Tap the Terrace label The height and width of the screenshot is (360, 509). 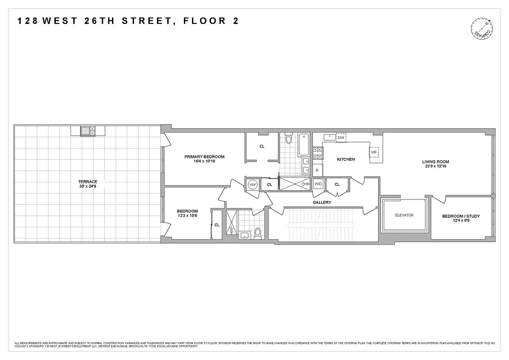[x=88, y=182]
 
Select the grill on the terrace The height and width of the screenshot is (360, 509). [x=85, y=131]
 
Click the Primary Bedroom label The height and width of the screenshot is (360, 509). [x=204, y=157]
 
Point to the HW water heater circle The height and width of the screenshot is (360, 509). [x=252, y=184]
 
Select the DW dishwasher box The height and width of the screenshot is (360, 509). [x=341, y=138]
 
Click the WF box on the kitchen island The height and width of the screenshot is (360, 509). [x=374, y=152]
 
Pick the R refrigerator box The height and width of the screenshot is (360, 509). [x=317, y=170]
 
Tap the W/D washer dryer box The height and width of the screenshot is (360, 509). [x=318, y=184]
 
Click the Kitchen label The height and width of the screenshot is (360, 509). [x=346, y=159]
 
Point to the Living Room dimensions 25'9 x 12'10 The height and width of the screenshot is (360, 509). [x=435, y=166]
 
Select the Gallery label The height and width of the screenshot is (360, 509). [x=322, y=202]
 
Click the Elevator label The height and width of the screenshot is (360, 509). [x=404, y=215]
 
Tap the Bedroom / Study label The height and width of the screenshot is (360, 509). [x=461, y=216]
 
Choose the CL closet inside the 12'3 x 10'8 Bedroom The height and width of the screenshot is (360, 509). [x=217, y=225]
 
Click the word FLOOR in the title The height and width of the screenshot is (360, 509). [x=202, y=21]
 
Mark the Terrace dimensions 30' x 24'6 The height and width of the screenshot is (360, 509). [x=88, y=187]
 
